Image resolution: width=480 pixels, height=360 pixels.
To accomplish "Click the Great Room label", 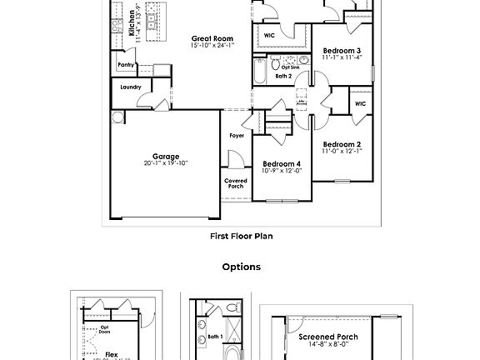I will click(212, 38).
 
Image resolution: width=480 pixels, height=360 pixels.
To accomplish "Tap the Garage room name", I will click(165, 156).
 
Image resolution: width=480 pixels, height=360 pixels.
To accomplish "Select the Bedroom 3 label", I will click(342, 52).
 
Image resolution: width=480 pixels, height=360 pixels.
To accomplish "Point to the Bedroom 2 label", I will click(342, 144).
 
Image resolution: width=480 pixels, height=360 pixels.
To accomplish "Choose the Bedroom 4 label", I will click(282, 163).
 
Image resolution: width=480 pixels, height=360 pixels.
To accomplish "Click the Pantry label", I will click(126, 64).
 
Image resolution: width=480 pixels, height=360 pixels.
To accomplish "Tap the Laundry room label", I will click(131, 87).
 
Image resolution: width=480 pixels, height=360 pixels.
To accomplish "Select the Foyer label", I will click(237, 135).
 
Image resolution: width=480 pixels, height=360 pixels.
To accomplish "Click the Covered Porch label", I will click(236, 183).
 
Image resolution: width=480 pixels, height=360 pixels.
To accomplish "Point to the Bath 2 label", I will click(283, 76).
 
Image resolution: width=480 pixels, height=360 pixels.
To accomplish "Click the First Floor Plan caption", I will click(241, 236).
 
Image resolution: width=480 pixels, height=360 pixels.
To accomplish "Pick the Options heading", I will click(241, 267).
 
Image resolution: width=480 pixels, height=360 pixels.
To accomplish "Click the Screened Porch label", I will click(328, 337).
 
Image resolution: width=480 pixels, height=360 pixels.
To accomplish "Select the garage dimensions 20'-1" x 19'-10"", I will click(165, 163).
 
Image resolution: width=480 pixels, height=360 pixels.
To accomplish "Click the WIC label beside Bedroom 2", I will click(360, 104).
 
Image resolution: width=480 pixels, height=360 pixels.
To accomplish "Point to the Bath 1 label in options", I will click(216, 337).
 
